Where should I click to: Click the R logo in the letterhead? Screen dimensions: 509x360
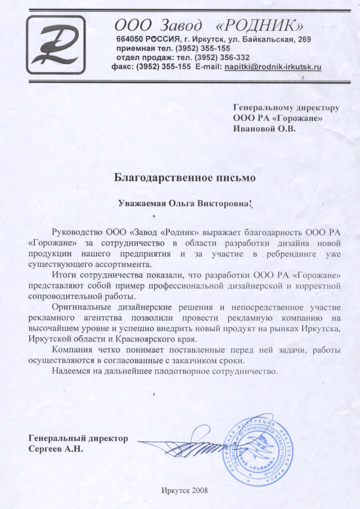click(56, 44)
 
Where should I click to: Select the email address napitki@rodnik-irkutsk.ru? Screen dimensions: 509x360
click(273, 67)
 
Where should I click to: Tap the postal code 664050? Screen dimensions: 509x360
click(129, 40)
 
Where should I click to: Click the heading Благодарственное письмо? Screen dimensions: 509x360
click(185, 177)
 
